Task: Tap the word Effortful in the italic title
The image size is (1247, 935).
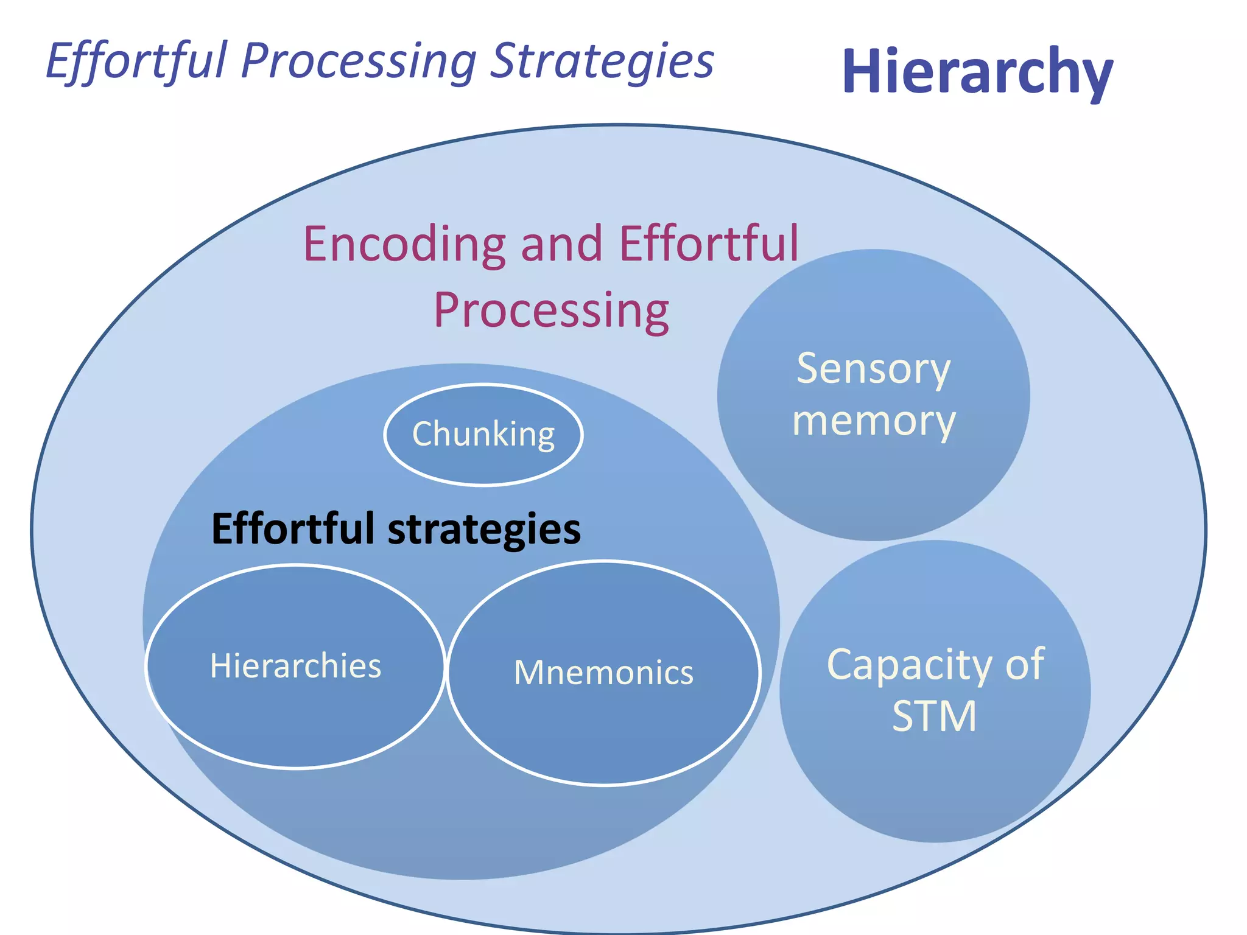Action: [136, 61]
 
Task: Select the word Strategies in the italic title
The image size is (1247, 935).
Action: [602, 61]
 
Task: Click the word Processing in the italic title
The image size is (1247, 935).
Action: [359, 61]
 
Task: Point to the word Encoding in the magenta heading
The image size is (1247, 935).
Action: [404, 243]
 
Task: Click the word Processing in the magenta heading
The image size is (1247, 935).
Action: [551, 310]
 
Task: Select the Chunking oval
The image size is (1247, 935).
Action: [483, 435]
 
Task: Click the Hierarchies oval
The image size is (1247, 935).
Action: [296, 666]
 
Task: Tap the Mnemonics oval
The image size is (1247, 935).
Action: [603, 673]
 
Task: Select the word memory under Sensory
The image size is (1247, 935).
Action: [873, 421]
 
